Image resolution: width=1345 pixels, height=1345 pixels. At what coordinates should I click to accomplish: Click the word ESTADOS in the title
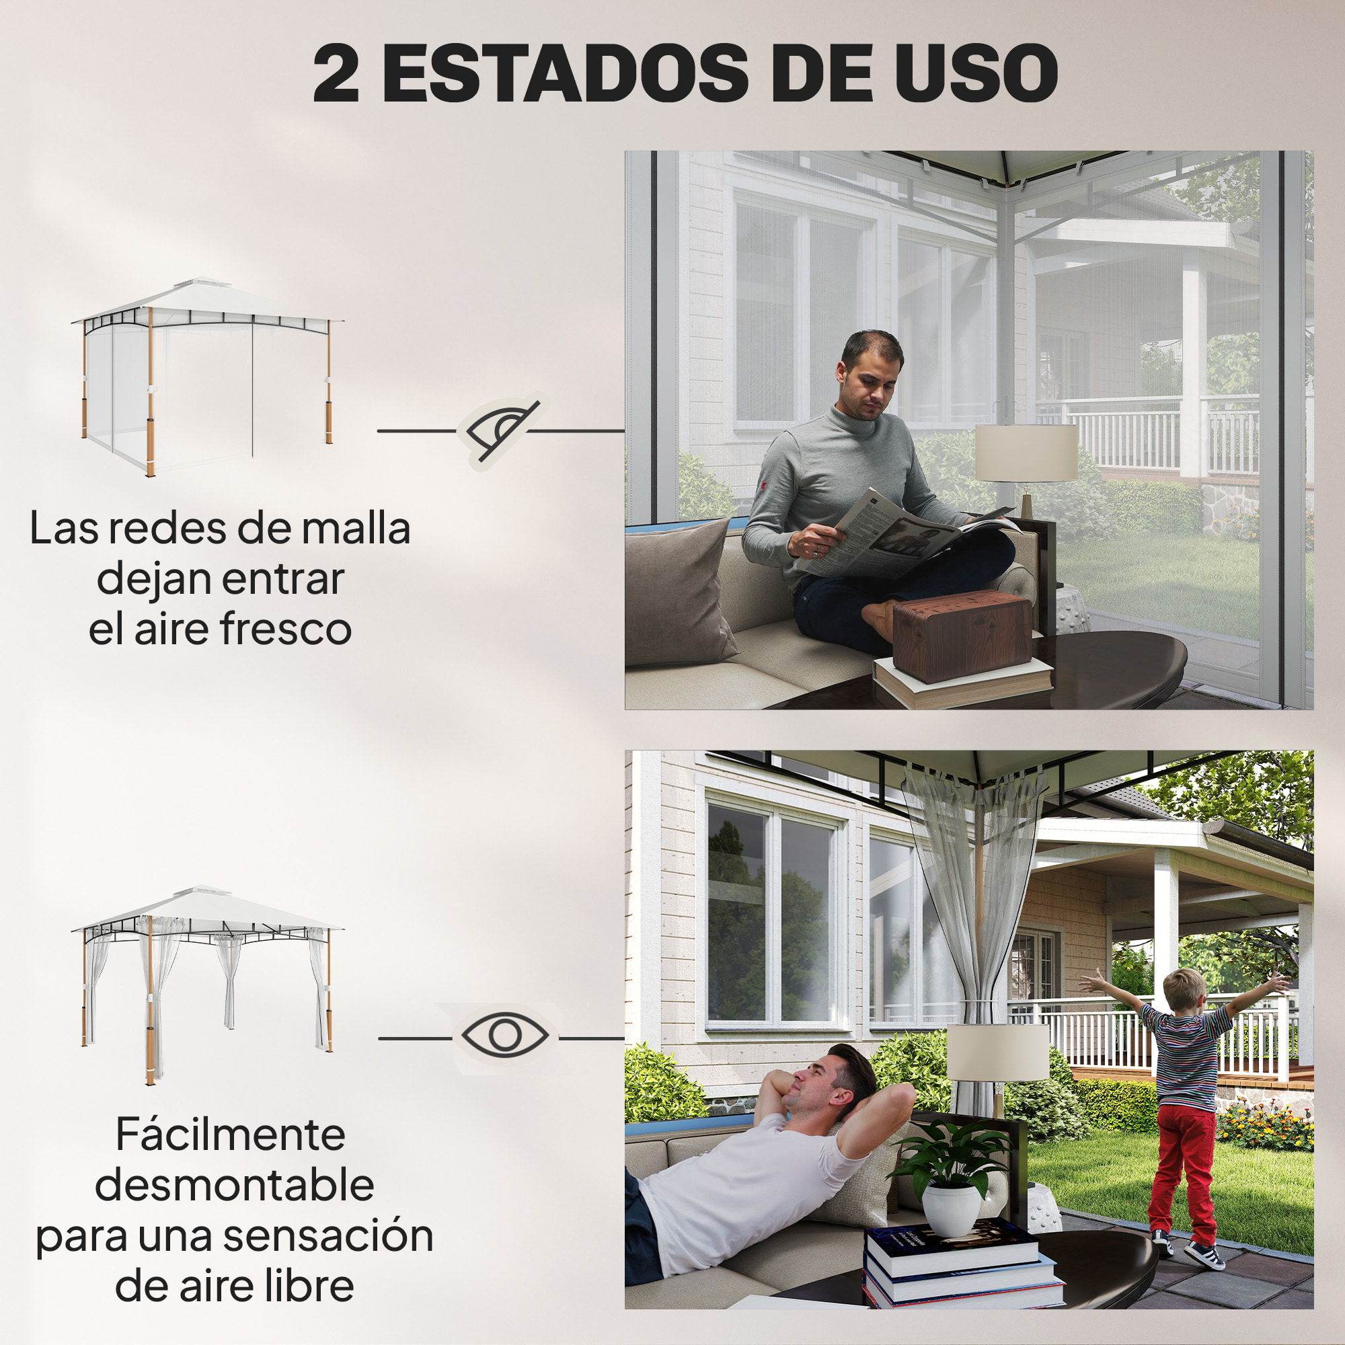tap(566, 73)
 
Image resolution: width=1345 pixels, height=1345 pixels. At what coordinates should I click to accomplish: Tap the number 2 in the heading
tap(336, 75)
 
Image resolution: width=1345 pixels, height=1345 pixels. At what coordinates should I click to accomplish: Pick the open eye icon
tap(505, 1036)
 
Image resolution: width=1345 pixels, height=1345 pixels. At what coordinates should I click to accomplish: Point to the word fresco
tap(285, 629)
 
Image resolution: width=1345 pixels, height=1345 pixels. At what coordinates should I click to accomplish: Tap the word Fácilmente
tap(230, 1135)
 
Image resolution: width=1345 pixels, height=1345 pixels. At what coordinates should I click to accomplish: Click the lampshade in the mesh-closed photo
tap(1026, 453)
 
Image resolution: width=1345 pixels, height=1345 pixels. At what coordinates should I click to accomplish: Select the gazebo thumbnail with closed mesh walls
tap(206, 376)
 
